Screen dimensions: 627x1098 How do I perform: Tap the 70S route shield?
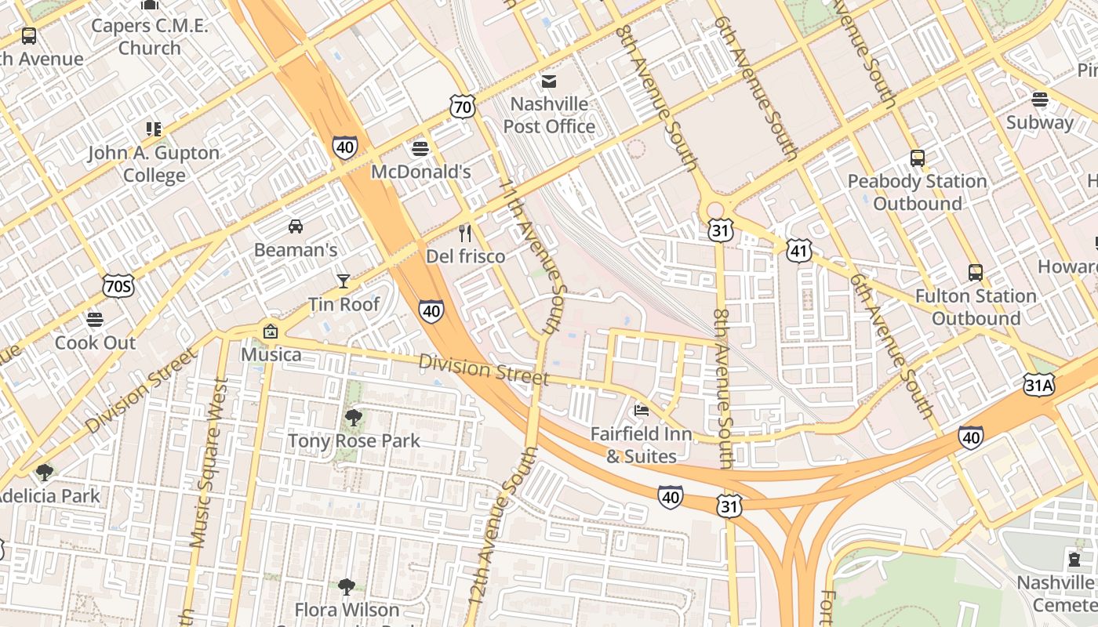[118, 286]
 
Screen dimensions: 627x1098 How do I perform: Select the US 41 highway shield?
[798, 251]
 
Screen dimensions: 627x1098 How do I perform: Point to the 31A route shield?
[1038, 384]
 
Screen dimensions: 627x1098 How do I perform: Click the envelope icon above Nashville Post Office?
[548, 82]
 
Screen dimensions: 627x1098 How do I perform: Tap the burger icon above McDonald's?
[420, 149]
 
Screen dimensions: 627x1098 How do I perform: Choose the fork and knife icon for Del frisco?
[465, 233]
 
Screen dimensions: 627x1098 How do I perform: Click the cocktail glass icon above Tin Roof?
[343, 281]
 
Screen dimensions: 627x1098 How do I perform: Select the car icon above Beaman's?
[296, 227]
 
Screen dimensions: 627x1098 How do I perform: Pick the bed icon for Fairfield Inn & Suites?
[642, 410]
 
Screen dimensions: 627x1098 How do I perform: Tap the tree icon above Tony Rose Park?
[354, 417]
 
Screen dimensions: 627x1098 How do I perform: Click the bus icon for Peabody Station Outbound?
[917, 158]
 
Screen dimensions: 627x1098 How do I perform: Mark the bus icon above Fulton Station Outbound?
[976, 273]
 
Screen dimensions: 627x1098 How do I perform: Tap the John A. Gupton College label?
[154, 163]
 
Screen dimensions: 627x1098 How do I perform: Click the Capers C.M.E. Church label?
[150, 37]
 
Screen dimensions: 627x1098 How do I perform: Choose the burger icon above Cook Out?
[95, 320]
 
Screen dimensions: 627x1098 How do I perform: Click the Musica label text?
[271, 354]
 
